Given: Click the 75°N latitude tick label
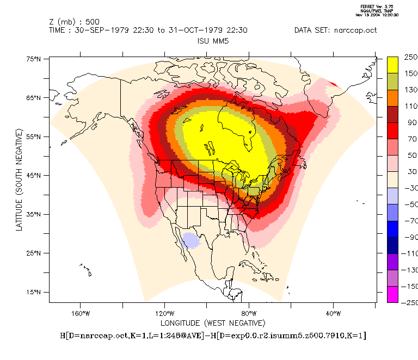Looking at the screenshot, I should (x=34, y=59).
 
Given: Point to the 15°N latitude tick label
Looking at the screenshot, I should (x=34, y=293).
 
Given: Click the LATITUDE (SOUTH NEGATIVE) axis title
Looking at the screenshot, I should (x=19, y=179).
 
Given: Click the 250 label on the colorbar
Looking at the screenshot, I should (x=410, y=57).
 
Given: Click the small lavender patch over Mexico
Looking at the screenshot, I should (x=190, y=240).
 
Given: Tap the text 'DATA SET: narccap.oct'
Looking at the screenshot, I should (x=335, y=30).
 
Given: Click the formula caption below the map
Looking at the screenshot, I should (x=212, y=336).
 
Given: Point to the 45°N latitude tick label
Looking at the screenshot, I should (x=34, y=176).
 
